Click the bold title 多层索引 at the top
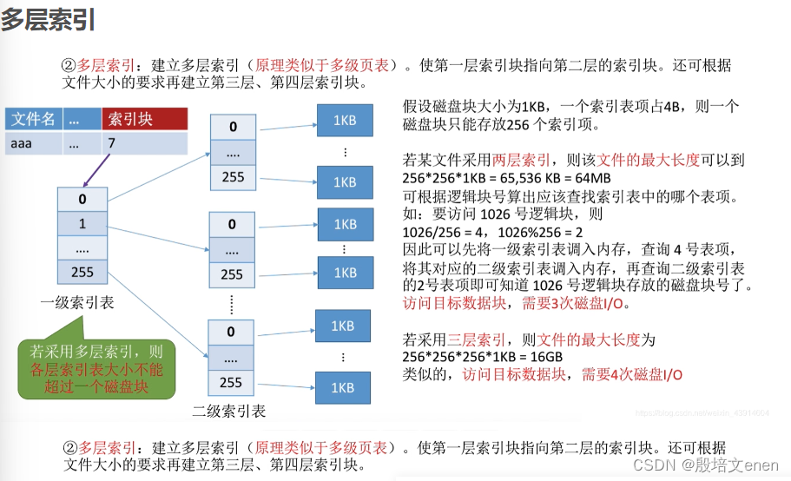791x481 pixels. pyautogui.click(x=48, y=20)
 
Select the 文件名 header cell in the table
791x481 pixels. pyautogui.click(x=33, y=119)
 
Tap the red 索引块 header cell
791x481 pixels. pyautogui.click(x=144, y=119)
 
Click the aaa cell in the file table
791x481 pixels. pyautogui.click(x=21, y=142)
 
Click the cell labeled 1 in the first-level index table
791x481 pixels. pyautogui.click(x=82, y=224)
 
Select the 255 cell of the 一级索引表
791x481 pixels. pyautogui.click(x=82, y=273)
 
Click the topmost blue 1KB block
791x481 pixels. pyautogui.click(x=345, y=118)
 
